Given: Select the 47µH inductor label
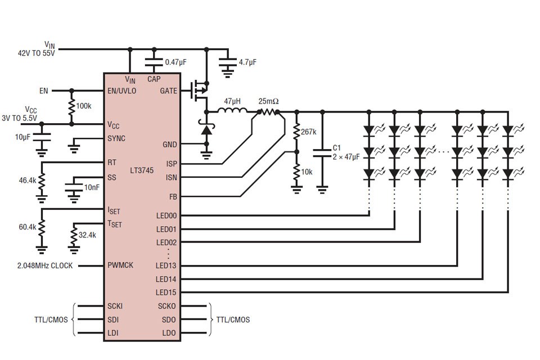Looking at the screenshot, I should pyautogui.click(x=232, y=101).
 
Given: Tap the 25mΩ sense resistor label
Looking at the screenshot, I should pyautogui.click(x=268, y=101).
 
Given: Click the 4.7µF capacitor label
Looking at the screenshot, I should pyautogui.click(x=248, y=62).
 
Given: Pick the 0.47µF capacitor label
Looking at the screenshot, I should pyautogui.click(x=176, y=62).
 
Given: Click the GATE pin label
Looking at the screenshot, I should pyautogui.click(x=168, y=91).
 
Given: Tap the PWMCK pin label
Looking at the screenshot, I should pyautogui.click(x=120, y=265).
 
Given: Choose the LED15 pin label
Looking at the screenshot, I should pyautogui.click(x=166, y=292).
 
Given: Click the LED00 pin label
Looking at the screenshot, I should pyautogui.click(x=166, y=215).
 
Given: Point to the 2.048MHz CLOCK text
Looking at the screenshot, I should pyautogui.click(x=45, y=265).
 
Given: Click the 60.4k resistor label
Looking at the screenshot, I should pyautogui.click(x=27, y=227).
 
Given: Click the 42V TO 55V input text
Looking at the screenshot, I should pyautogui.click(x=37, y=53).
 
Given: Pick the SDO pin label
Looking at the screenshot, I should pyautogui.click(x=168, y=319).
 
